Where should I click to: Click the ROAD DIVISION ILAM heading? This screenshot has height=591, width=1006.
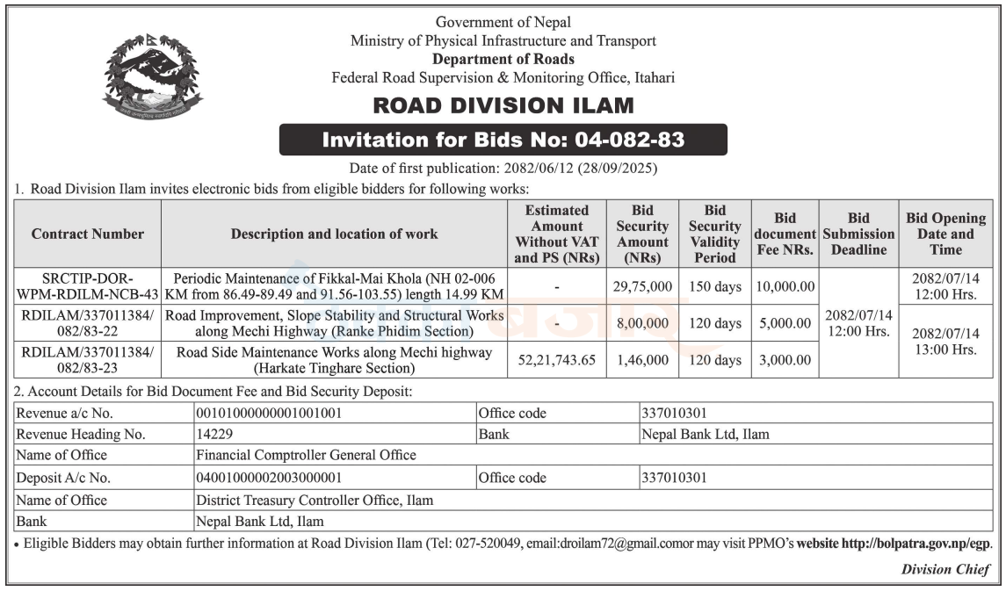tap(503, 106)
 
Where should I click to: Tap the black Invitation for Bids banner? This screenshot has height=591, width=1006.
tap(503, 140)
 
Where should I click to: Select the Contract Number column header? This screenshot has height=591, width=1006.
tap(88, 234)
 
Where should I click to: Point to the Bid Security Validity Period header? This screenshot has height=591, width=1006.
tap(714, 234)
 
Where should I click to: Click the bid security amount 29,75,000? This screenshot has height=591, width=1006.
tap(643, 287)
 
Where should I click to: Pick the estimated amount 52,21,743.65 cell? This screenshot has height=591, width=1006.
tap(557, 360)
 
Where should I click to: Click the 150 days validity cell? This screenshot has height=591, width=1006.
tap(714, 287)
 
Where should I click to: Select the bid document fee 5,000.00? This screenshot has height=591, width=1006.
tap(784, 323)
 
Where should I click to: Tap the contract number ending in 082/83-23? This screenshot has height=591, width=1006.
tap(88, 360)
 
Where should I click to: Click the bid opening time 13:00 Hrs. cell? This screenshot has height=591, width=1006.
tap(945, 342)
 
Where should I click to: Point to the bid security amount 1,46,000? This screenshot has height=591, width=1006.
tap(643, 360)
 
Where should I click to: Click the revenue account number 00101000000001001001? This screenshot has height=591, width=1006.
tap(269, 413)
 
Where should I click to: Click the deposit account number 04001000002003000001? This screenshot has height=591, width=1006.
tap(269, 478)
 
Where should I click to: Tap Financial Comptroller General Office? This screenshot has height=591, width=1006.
tap(306, 455)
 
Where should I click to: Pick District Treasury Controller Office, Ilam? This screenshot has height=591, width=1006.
tap(315, 500)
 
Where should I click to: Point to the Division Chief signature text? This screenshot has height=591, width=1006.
tap(945, 569)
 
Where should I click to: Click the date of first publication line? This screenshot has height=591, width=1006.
tap(503, 168)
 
